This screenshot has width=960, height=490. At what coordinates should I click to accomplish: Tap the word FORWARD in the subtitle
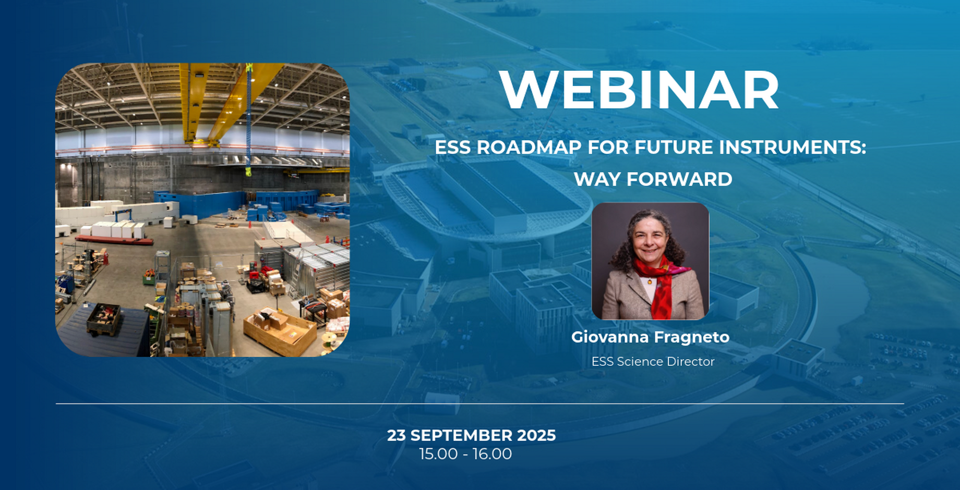click(x=679, y=179)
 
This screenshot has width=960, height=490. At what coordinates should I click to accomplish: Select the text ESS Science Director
click(x=653, y=361)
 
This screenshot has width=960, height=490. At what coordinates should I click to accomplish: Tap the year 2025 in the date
click(x=536, y=435)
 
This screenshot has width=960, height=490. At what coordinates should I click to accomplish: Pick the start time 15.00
click(x=439, y=454)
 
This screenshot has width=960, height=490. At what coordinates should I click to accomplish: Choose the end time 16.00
click(x=493, y=454)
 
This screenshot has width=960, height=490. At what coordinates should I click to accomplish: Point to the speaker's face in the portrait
click(x=650, y=245)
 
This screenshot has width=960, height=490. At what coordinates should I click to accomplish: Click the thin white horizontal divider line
click(x=480, y=403)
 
